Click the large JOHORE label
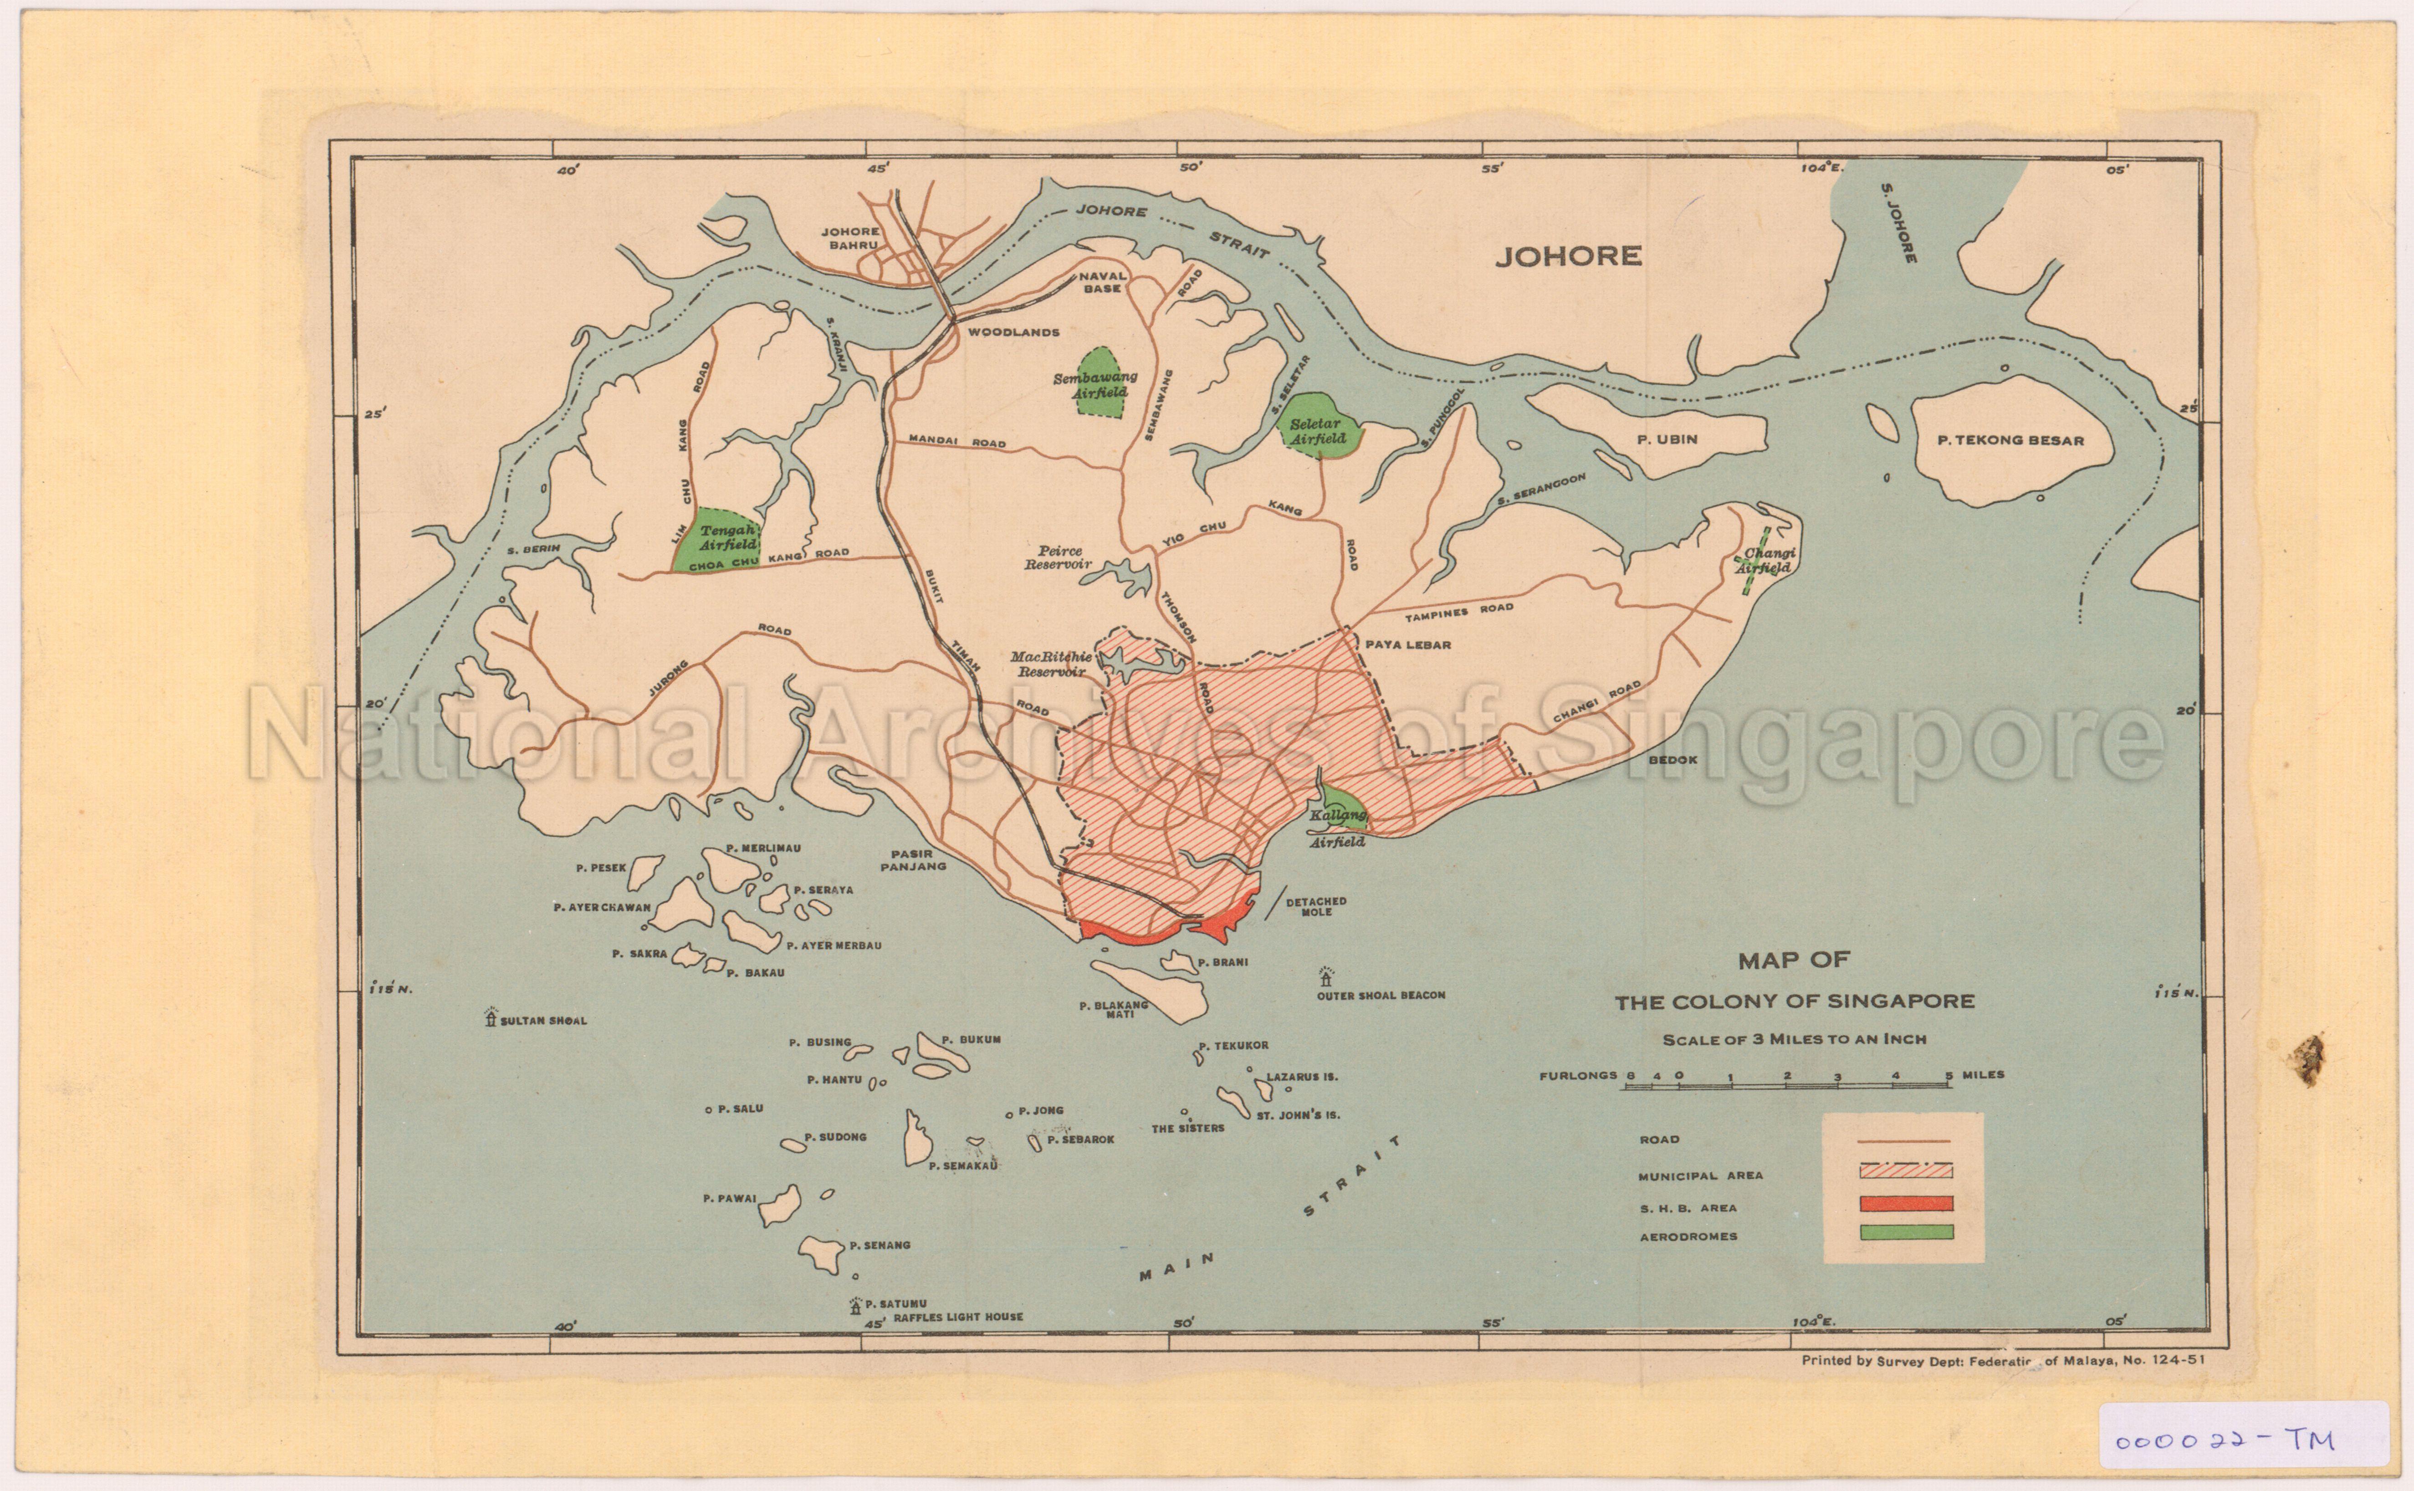(x=1568, y=256)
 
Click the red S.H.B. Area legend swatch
(x=1905, y=1203)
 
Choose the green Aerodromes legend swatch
(x=1905, y=1232)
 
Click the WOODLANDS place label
(x=1013, y=332)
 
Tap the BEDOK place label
(x=1672, y=760)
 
